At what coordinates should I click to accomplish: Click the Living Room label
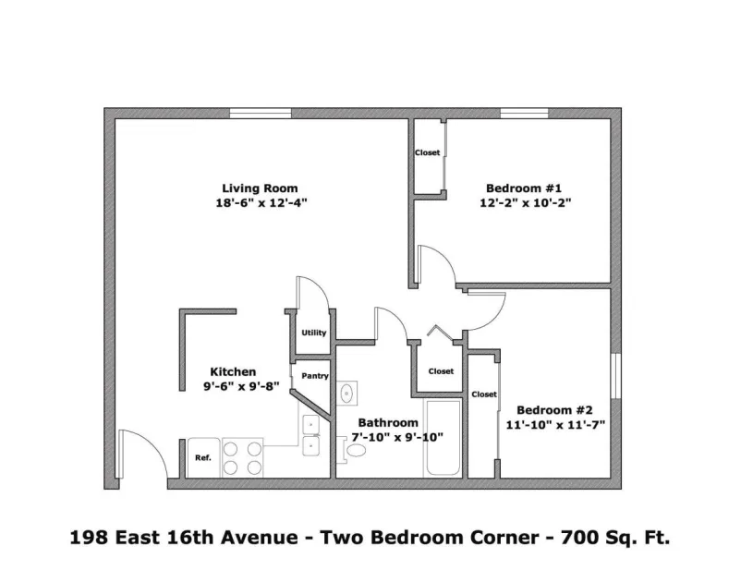[260, 188]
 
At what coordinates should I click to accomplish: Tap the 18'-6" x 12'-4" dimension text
[261, 202]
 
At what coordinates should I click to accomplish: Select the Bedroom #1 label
[524, 188]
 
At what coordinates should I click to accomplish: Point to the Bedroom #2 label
[554, 410]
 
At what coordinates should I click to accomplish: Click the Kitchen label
[233, 371]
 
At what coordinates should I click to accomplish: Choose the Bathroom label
[388, 422]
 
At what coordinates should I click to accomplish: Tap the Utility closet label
[313, 333]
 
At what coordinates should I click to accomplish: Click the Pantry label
[315, 376]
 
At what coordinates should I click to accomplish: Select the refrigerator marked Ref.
[203, 457]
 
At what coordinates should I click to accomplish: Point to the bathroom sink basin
[346, 394]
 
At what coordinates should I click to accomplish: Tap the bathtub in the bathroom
[443, 438]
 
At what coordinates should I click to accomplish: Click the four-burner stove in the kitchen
[242, 457]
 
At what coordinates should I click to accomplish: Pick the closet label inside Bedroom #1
[428, 152]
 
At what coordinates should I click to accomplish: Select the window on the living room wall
[261, 114]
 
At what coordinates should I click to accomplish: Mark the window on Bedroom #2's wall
[615, 376]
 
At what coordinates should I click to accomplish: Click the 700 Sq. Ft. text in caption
[615, 538]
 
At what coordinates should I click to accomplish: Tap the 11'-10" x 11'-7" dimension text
[555, 425]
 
